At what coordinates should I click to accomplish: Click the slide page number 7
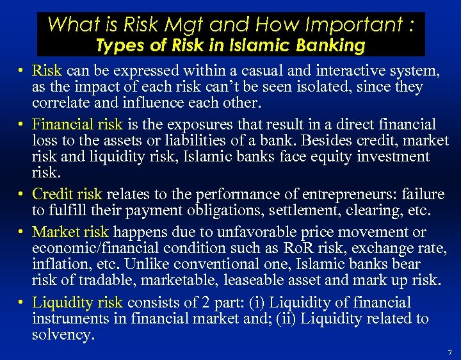point(450,352)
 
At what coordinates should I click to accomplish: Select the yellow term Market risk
point(70,232)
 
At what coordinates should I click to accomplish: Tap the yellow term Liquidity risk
point(77,302)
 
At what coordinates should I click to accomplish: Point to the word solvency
point(61,334)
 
